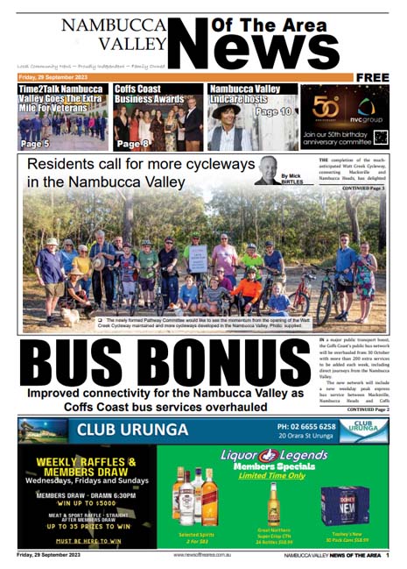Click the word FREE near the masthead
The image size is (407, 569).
[x=372, y=77]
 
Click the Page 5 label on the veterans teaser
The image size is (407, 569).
[x=34, y=143]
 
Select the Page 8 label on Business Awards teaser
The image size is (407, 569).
[x=133, y=143]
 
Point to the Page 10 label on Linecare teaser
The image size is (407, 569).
[x=273, y=112]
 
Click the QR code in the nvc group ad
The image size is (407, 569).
[x=379, y=138]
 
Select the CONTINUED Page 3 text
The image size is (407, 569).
[x=362, y=188]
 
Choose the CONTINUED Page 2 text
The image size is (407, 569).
[x=361, y=409]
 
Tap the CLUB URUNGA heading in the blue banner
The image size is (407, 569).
[x=132, y=430]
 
